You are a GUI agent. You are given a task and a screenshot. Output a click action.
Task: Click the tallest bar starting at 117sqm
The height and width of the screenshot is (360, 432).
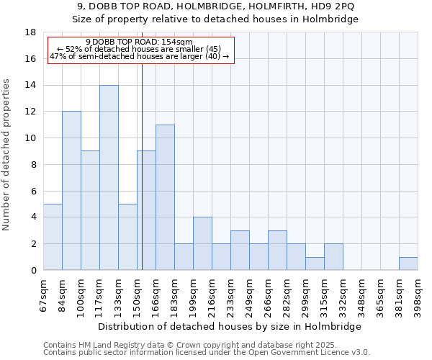109,177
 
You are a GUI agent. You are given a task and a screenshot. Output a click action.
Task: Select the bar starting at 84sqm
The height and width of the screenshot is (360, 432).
71,191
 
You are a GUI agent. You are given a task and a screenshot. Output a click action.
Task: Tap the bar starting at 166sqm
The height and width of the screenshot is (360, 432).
165,197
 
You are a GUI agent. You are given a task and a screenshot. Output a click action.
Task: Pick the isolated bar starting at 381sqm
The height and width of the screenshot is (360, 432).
408,264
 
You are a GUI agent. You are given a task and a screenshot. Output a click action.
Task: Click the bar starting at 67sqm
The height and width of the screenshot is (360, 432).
53,237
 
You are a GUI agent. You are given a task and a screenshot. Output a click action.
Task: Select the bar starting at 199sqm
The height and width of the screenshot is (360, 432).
202,243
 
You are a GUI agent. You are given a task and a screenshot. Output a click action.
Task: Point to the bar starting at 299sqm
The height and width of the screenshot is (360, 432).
315,264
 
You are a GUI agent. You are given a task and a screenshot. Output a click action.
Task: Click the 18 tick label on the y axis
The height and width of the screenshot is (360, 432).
30,32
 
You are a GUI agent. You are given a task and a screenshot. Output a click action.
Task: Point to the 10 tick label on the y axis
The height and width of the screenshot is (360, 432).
30,138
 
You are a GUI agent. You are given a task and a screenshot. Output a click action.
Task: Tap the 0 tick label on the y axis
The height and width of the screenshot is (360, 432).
33,270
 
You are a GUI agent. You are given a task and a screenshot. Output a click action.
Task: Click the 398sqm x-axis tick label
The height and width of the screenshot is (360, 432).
418,293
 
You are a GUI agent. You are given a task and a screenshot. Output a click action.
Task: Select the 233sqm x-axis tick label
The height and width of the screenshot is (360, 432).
231,293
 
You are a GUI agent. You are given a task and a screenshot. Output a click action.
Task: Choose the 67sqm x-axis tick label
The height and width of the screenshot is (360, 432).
44,293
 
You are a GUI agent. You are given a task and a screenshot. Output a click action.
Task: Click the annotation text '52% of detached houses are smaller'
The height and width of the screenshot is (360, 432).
143,49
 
